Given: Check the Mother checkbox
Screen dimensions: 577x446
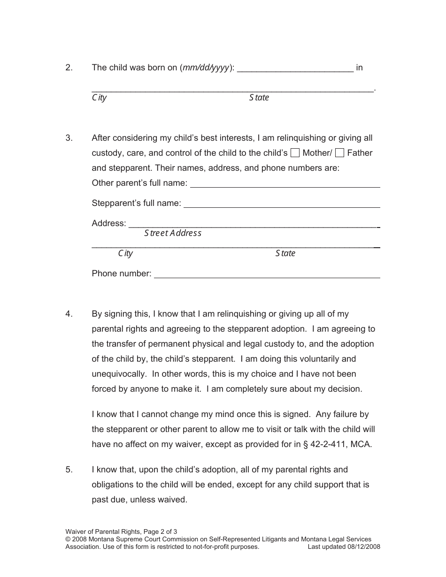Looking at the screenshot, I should [x=295, y=153].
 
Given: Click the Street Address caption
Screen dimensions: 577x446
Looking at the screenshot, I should [x=173, y=233].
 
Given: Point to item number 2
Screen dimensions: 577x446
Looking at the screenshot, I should [x=69, y=68].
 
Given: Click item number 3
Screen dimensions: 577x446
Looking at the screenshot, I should [x=69, y=138].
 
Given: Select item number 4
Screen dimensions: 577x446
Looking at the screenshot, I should [x=69, y=314].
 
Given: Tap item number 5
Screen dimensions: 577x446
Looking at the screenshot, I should [x=69, y=470].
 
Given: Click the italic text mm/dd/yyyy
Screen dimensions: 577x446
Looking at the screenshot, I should [x=206, y=68].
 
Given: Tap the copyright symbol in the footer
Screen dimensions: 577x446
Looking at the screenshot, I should [x=68, y=539].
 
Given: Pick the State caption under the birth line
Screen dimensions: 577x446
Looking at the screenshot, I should [x=259, y=98].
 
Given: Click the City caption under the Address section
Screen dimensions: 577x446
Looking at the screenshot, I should [x=125, y=253].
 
